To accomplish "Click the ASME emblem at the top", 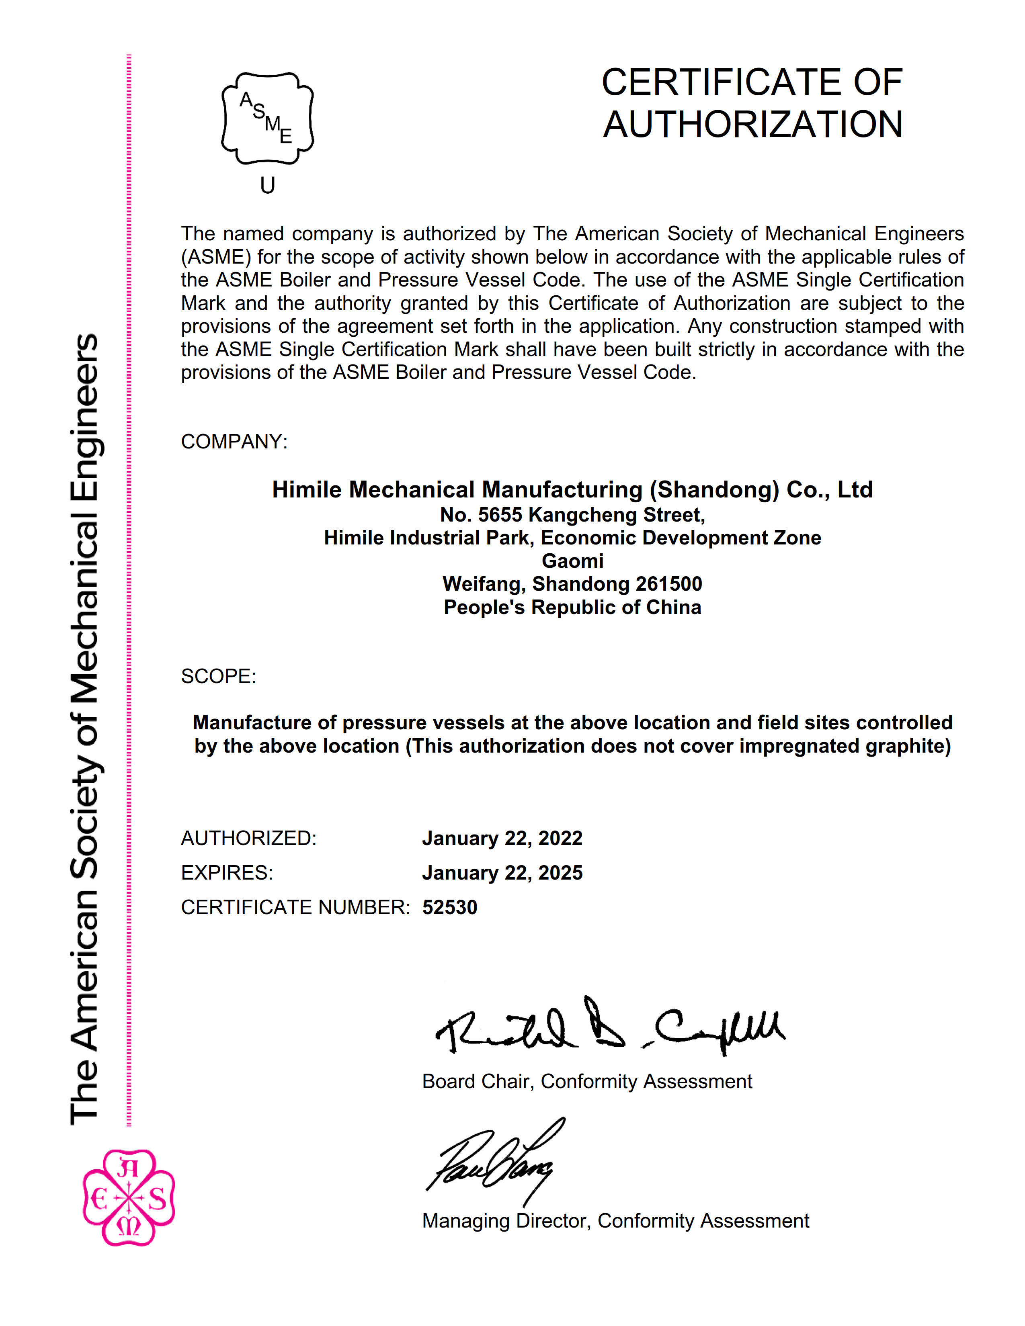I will coord(267,119).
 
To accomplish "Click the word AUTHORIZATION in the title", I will coord(752,125).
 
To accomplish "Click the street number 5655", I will coord(500,515).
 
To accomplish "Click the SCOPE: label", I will coord(218,676).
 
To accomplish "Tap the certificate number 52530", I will coord(449,907).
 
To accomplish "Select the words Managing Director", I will coord(505,1220).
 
